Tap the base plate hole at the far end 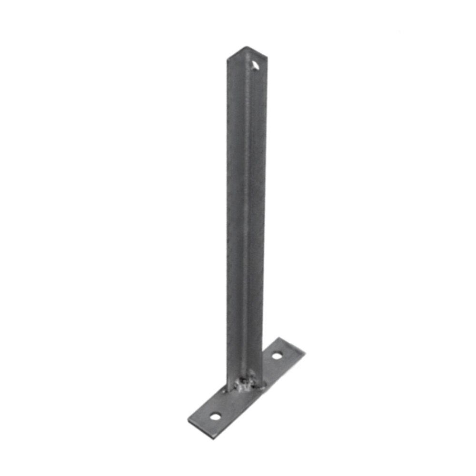click(277, 355)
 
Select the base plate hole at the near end click(215, 417)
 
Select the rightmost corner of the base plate click(305, 351)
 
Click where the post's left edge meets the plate click(228, 388)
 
